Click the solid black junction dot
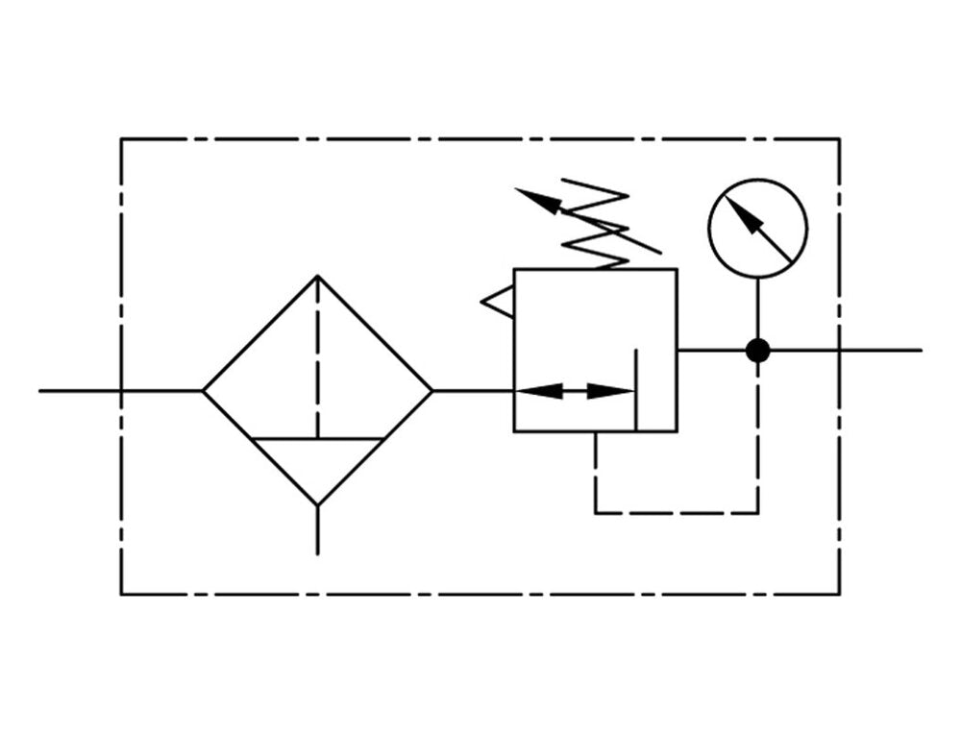click(x=758, y=351)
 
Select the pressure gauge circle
click(x=758, y=229)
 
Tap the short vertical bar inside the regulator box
click(x=636, y=389)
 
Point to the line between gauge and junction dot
click(x=758, y=307)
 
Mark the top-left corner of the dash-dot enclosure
click(x=121, y=139)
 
